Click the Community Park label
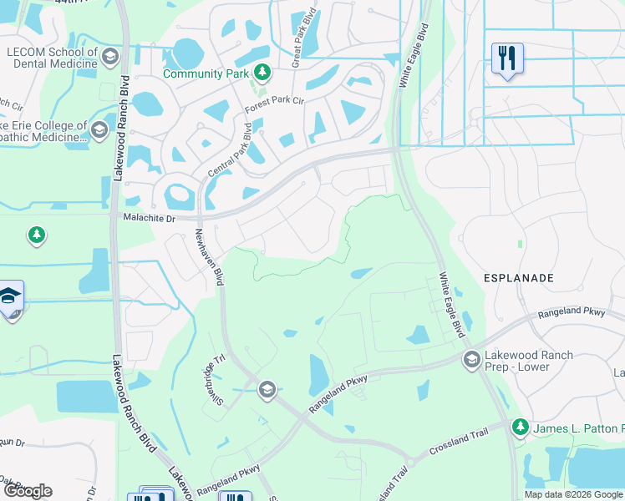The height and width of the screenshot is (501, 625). tap(206, 73)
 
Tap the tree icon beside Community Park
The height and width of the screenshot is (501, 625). tap(262, 73)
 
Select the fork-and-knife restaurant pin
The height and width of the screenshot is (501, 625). tap(507, 59)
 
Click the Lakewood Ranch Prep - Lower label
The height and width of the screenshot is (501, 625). tap(531, 361)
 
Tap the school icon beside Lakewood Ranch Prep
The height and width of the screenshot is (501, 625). tap(471, 360)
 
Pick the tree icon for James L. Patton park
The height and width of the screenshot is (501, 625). tap(520, 428)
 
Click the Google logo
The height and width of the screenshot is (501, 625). tap(28, 491)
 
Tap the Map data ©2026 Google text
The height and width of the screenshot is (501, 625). tap(573, 494)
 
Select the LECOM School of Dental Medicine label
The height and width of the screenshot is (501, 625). tap(51, 57)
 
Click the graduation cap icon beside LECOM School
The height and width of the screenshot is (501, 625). tap(111, 56)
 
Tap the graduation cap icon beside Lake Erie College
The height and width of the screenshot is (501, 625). tap(99, 130)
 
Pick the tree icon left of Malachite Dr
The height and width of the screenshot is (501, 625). tap(36, 235)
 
